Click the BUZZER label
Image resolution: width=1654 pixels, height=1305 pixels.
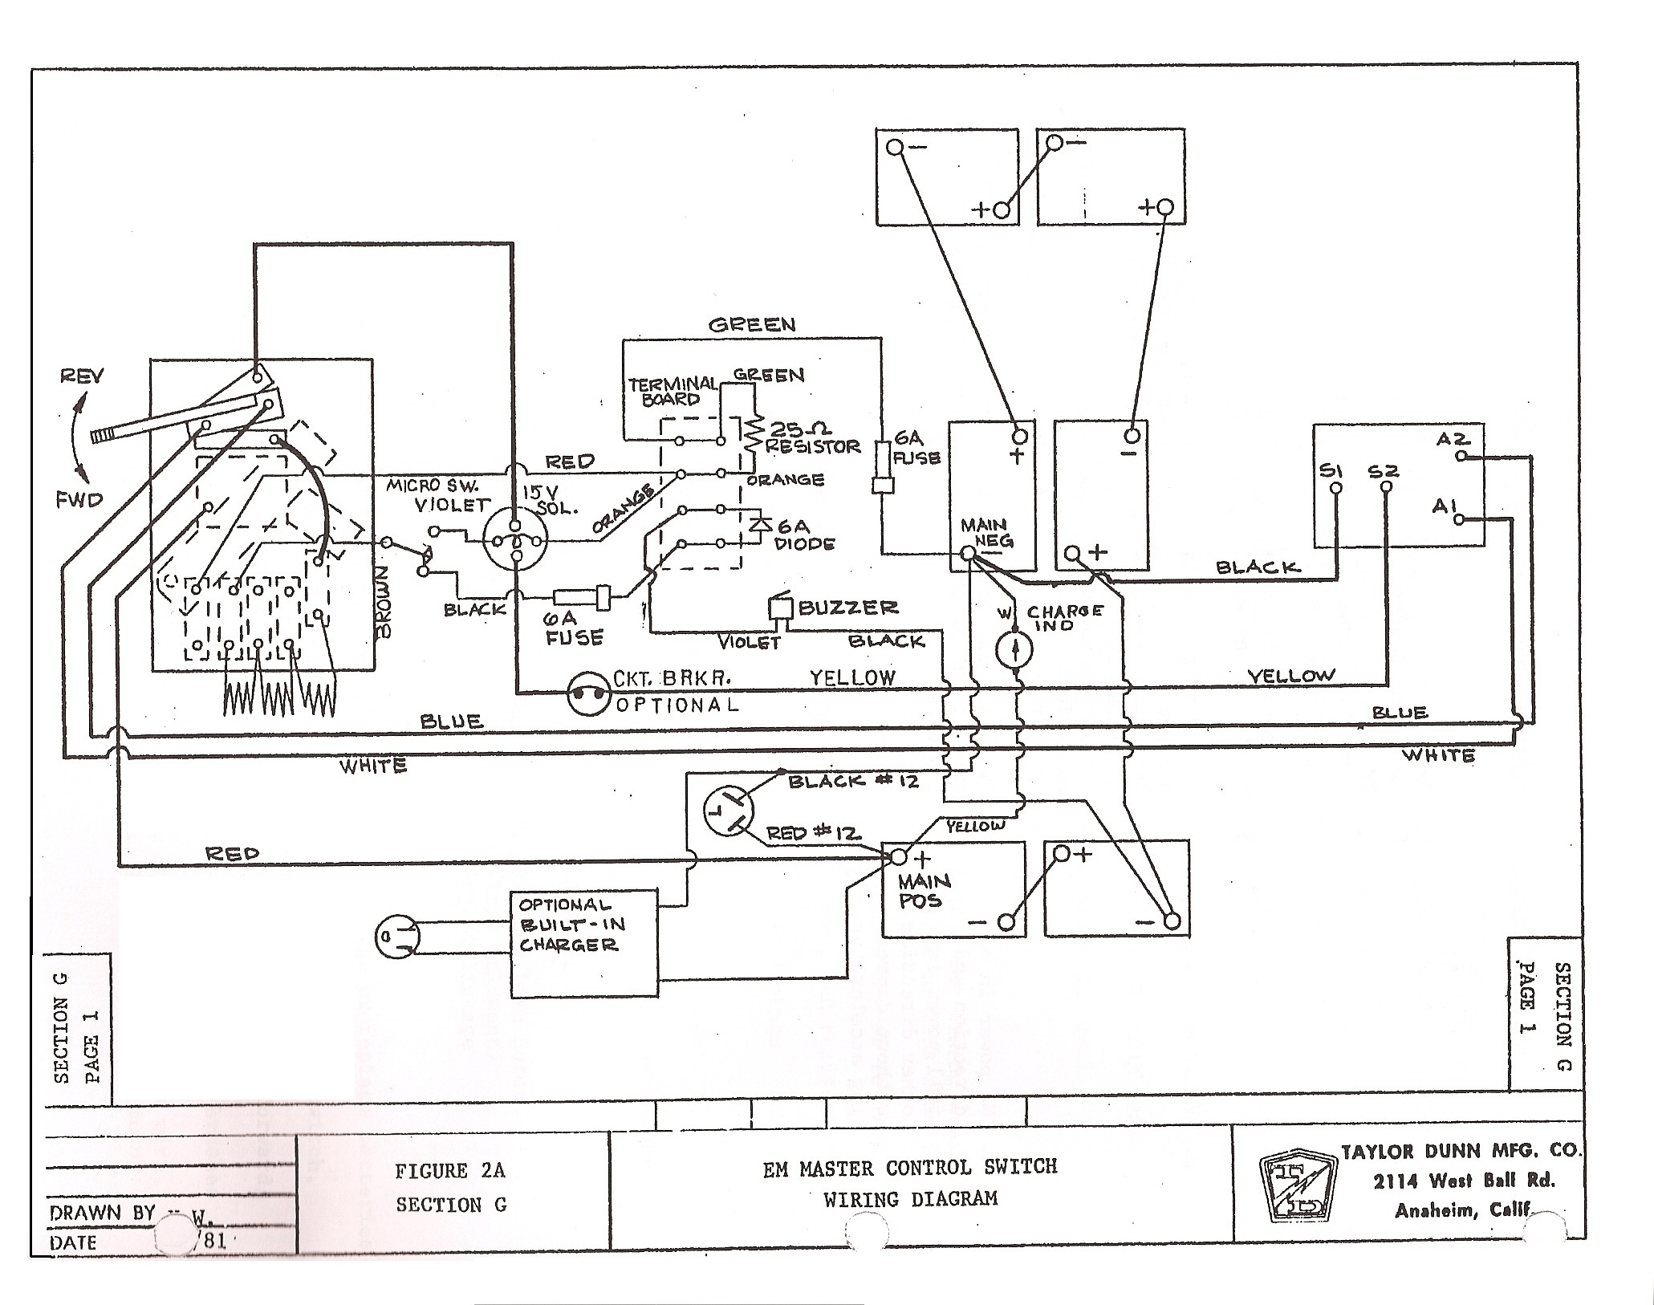847,608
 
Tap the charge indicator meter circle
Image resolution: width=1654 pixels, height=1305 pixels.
1014,648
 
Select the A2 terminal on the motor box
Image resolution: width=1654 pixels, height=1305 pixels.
1461,455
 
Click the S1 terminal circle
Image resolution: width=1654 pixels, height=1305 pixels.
1335,488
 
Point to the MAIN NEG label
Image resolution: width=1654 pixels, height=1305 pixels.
985,533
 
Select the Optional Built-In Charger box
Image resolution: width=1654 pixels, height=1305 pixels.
585,943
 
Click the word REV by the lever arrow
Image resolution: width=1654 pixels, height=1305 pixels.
81,376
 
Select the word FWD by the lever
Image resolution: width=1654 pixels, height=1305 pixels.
79,500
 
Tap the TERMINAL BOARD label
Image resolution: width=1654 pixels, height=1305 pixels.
671,391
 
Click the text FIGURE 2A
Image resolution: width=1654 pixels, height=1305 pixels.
449,1171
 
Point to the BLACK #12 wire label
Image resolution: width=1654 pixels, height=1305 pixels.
853,781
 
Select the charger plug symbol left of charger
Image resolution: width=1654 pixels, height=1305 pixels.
397,937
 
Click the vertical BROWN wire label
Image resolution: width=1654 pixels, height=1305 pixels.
383,601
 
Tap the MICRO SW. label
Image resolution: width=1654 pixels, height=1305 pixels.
432,486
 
